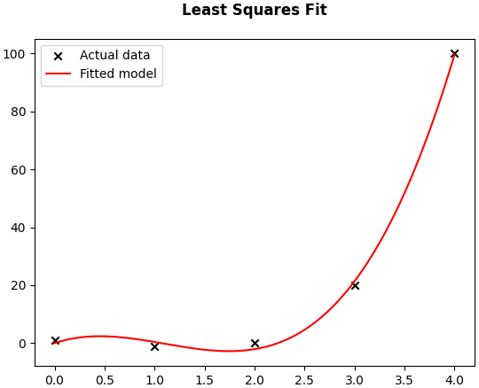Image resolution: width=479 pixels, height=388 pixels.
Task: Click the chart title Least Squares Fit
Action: [255, 10]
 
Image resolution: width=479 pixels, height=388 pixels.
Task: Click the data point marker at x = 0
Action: [55, 340]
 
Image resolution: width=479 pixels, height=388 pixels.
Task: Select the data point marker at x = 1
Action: [155, 346]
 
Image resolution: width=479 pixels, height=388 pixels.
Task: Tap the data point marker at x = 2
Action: [255, 344]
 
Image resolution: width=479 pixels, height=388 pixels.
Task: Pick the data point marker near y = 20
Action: [355, 286]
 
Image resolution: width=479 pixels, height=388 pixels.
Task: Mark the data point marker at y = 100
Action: [454, 54]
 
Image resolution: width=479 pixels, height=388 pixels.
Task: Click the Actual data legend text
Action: [114, 55]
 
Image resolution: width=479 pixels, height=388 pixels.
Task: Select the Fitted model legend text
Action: [118, 74]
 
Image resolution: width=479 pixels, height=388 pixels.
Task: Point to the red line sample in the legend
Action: [58, 74]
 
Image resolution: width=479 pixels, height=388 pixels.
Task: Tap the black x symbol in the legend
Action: [58, 56]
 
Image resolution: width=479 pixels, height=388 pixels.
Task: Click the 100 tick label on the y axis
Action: [14, 54]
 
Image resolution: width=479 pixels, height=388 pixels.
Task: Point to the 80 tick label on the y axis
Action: [18, 112]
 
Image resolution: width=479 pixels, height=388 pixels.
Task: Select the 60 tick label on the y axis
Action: [18, 170]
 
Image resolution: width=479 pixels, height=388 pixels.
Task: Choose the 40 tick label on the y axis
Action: [18, 228]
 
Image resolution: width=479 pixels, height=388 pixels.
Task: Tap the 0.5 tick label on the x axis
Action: [105, 380]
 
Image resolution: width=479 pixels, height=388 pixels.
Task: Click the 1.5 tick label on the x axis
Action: [205, 380]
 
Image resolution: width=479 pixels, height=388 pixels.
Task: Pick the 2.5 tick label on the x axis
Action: [305, 380]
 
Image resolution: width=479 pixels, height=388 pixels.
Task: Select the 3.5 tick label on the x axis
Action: [404, 380]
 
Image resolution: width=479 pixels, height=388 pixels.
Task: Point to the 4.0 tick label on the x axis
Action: [454, 380]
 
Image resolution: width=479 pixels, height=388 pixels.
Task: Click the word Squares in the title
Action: [266, 11]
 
